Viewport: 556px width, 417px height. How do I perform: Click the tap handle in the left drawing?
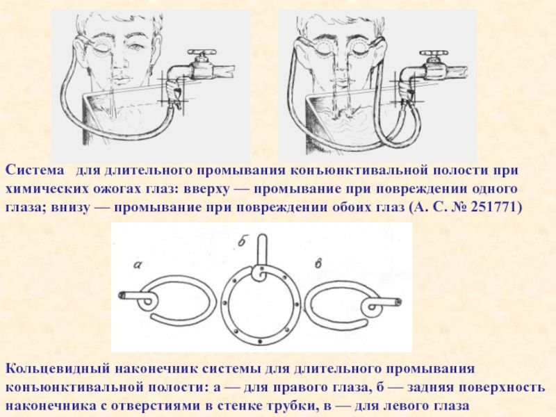pos(202,53)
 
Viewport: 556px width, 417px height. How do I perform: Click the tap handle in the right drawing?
pos(433,54)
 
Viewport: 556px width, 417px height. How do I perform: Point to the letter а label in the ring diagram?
pos(137,264)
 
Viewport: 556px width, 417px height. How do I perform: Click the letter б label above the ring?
pos(242,242)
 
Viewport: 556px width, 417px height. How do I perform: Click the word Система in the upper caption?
pos(35,170)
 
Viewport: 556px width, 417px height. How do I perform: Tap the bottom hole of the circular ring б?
pos(260,341)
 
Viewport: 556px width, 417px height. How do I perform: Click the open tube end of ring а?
pos(122,295)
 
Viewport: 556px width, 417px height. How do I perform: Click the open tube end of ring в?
pos(398,302)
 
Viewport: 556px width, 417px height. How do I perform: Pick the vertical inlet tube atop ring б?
pos(262,250)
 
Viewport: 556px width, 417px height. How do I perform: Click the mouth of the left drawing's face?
pos(120,78)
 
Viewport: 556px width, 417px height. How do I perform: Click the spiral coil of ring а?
pos(147,302)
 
